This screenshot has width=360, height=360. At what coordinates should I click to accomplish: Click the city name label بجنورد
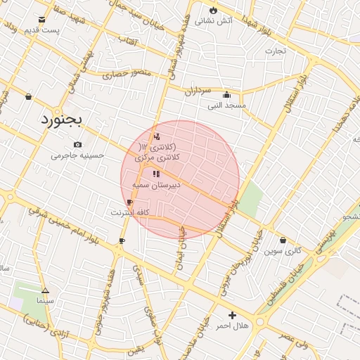(x=61, y=120)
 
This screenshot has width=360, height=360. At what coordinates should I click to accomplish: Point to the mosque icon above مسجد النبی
(x=226, y=95)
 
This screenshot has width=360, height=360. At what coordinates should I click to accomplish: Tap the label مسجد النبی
(x=226, y=105)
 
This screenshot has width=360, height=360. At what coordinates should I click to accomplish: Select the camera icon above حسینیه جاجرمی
(x=77, y=144)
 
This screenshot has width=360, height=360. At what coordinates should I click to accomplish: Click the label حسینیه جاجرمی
(x=77, y=155)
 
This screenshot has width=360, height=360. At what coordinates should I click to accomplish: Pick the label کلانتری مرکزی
(x=162, y=159)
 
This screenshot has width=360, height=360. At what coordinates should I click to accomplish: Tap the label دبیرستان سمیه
(x=156, y=184)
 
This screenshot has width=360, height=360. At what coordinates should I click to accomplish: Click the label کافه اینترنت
(x=130, y=212)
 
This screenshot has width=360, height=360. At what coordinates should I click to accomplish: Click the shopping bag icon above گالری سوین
(x=283, y=240)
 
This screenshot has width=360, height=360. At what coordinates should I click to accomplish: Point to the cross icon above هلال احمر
(x=232, y=315)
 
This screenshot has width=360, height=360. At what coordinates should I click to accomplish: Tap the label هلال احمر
(x=232, y=326)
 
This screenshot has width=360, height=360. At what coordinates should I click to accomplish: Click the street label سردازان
(x=198, y=91)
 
